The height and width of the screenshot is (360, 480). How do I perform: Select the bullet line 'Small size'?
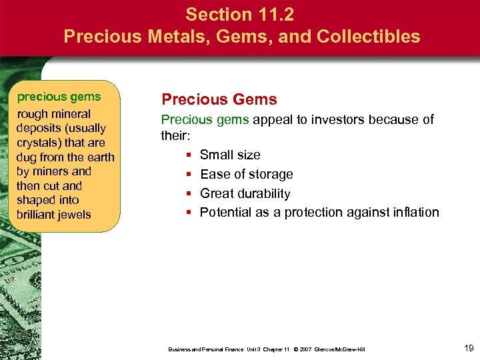click(x=230, y=155)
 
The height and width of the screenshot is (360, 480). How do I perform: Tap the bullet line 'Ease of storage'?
click(x=246, y=174)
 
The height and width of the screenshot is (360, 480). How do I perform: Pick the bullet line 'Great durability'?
click(x=245, y=193)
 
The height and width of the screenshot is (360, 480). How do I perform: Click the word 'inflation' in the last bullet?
click(x=416, y=213)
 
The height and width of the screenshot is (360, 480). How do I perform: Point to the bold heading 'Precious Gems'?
click(x=219, y=100)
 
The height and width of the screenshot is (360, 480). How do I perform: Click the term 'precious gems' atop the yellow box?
click(x=59, y=97)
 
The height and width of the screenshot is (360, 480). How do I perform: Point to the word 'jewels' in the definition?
click(x=73, y=215)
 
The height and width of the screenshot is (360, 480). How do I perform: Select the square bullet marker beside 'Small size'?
click(x=189, y=155)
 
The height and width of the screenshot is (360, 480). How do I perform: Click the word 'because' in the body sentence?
click(x=393, y=120)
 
